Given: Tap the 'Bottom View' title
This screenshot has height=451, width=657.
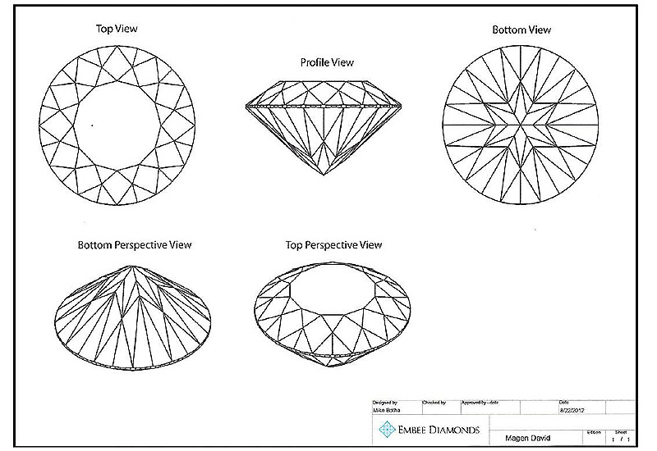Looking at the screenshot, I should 521,30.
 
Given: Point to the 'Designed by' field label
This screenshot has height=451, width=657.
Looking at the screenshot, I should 384,403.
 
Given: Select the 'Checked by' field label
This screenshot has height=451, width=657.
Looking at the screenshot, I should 434,403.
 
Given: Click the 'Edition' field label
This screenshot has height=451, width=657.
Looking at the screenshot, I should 595,431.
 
